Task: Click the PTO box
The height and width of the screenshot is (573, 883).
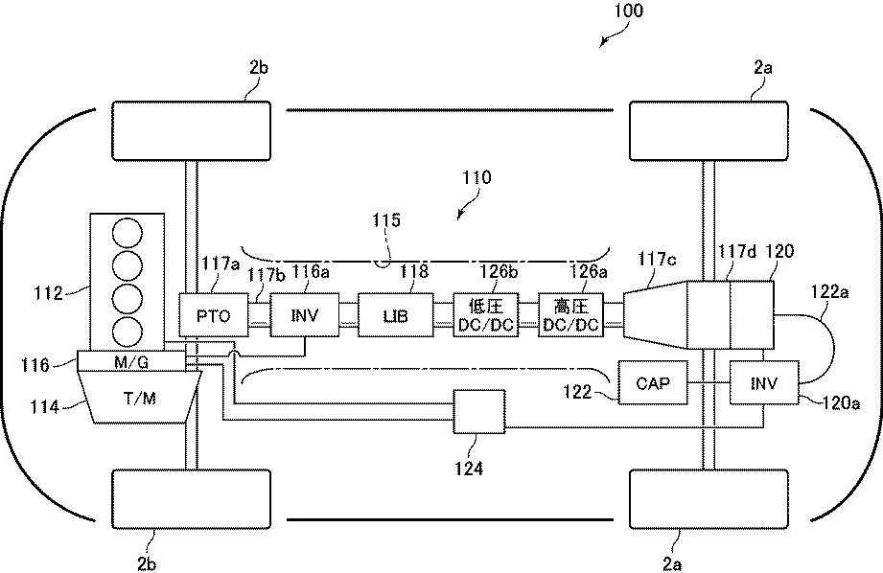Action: (214, 314)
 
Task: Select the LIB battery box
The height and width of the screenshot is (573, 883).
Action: (396, 314)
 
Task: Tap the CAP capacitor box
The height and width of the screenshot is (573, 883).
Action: (653, 382)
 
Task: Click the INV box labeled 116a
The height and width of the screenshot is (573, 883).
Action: (305, 314)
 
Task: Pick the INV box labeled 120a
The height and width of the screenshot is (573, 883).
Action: (764, 382)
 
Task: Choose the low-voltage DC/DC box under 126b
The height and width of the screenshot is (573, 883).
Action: (486, 314)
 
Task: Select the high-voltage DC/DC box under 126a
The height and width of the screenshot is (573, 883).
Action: (571, 314)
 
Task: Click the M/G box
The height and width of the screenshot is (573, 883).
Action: (131, 361)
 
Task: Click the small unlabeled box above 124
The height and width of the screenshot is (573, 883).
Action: (479, 411)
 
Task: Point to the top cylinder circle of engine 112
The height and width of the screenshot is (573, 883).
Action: (128, 234)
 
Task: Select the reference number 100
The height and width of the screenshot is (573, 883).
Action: (629, 11)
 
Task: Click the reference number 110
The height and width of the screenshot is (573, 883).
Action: (476, 177)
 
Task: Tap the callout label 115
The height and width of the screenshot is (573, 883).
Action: (386, 219)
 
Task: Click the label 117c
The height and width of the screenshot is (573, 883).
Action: (657, 259)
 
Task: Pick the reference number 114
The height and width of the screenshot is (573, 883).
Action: (45, 406)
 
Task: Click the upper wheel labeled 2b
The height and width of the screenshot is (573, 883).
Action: (192, 131)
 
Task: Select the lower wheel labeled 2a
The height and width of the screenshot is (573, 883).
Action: (709, 499)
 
